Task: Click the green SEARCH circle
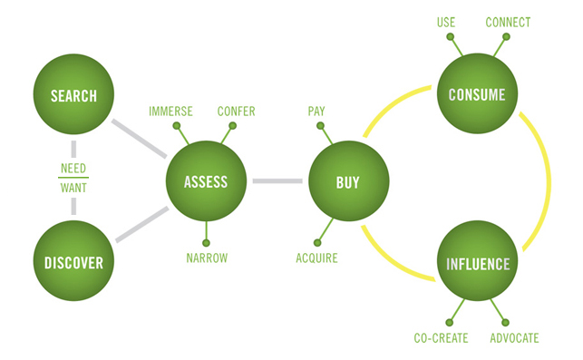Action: (73, 95)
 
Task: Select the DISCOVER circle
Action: (73, 263)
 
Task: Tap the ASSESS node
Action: (206, 182)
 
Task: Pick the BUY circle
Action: (348, 182)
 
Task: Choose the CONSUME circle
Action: (477, 93)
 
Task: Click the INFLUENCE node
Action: (477, 266)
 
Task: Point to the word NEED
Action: (73, 169)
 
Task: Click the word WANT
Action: (73, 189)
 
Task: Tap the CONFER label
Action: (236, 112)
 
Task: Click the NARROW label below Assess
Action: (207, 258)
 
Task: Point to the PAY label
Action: (316, 112)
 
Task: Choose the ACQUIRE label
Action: (316, 258)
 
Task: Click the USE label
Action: (446, 22)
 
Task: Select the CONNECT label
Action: (508, 22)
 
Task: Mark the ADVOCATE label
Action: (513, 338)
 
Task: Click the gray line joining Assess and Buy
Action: (277, 182)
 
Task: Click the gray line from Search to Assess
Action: (136, 135)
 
